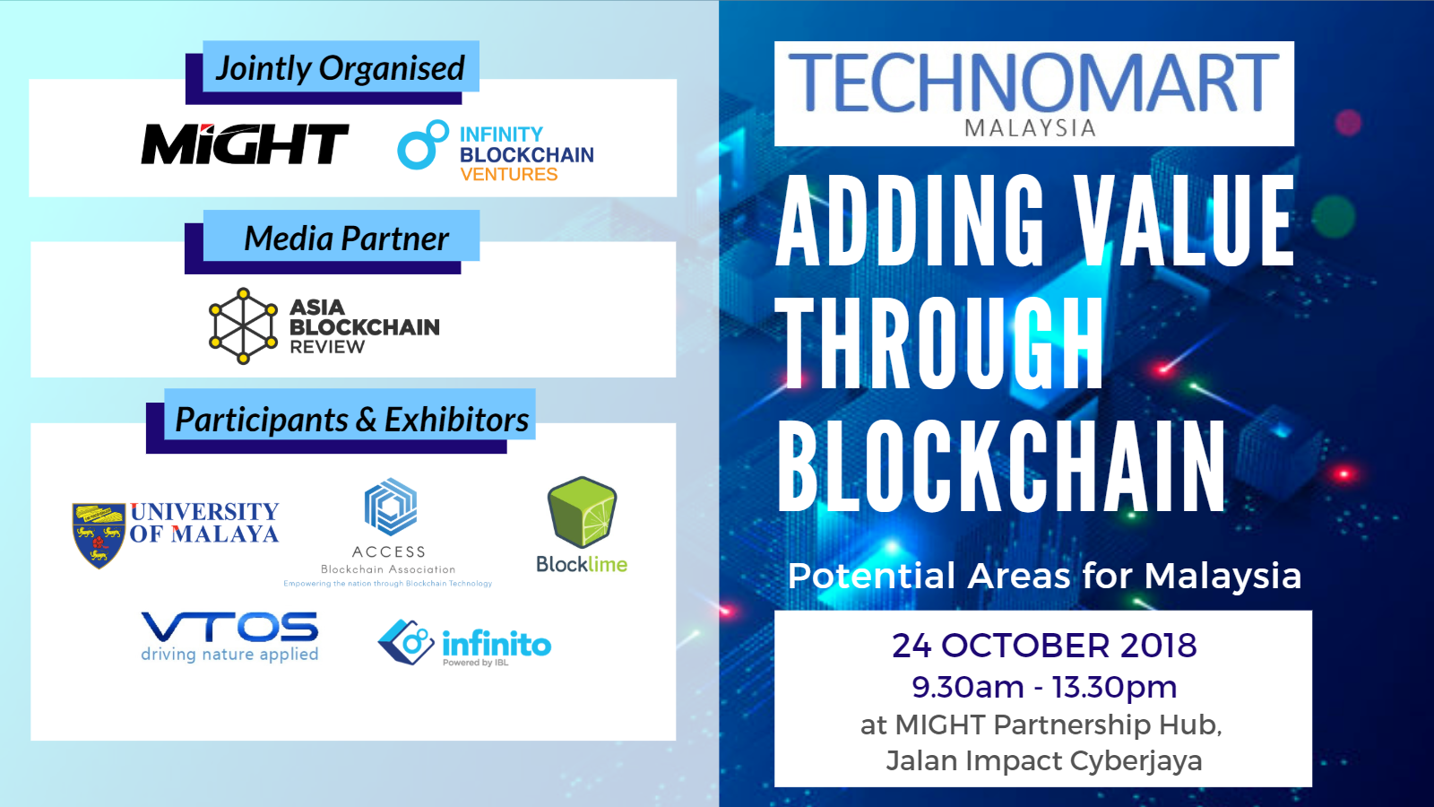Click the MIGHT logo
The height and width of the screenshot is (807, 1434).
click(x=245, y=143)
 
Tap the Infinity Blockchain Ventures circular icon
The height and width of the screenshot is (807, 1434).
click(x=422, y=144)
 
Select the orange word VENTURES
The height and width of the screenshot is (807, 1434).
click(x=509, y=174)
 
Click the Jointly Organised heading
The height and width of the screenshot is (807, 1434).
click(x=340, y=68)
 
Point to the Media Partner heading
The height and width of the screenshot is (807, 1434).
click(x=346, y=239)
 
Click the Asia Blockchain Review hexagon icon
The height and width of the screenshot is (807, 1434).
click(x=243, y=326)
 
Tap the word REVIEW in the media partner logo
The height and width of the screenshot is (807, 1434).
click(x=327, y=347)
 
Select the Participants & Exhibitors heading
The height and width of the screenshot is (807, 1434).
click(x=352, y=420)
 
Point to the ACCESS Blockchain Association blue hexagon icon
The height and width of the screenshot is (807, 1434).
click(x=391, y=507)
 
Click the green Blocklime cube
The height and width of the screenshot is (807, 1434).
click(x=582, y=512)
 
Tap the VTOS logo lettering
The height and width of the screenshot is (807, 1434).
click(x=229, y=627)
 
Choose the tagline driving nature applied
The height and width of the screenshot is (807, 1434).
click(x=229, y=655)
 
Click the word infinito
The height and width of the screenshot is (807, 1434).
click(x=497, y=644)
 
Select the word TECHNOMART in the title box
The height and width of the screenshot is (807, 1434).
click(x=1033, y=82)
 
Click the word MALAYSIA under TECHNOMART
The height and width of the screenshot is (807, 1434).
click(x=1030, y=128)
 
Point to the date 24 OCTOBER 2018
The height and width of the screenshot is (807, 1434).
click(x=1044, y=645)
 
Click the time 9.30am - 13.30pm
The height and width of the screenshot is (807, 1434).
click(x=1044, y=687)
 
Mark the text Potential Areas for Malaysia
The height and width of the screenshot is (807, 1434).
click(x=1044, y=575)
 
